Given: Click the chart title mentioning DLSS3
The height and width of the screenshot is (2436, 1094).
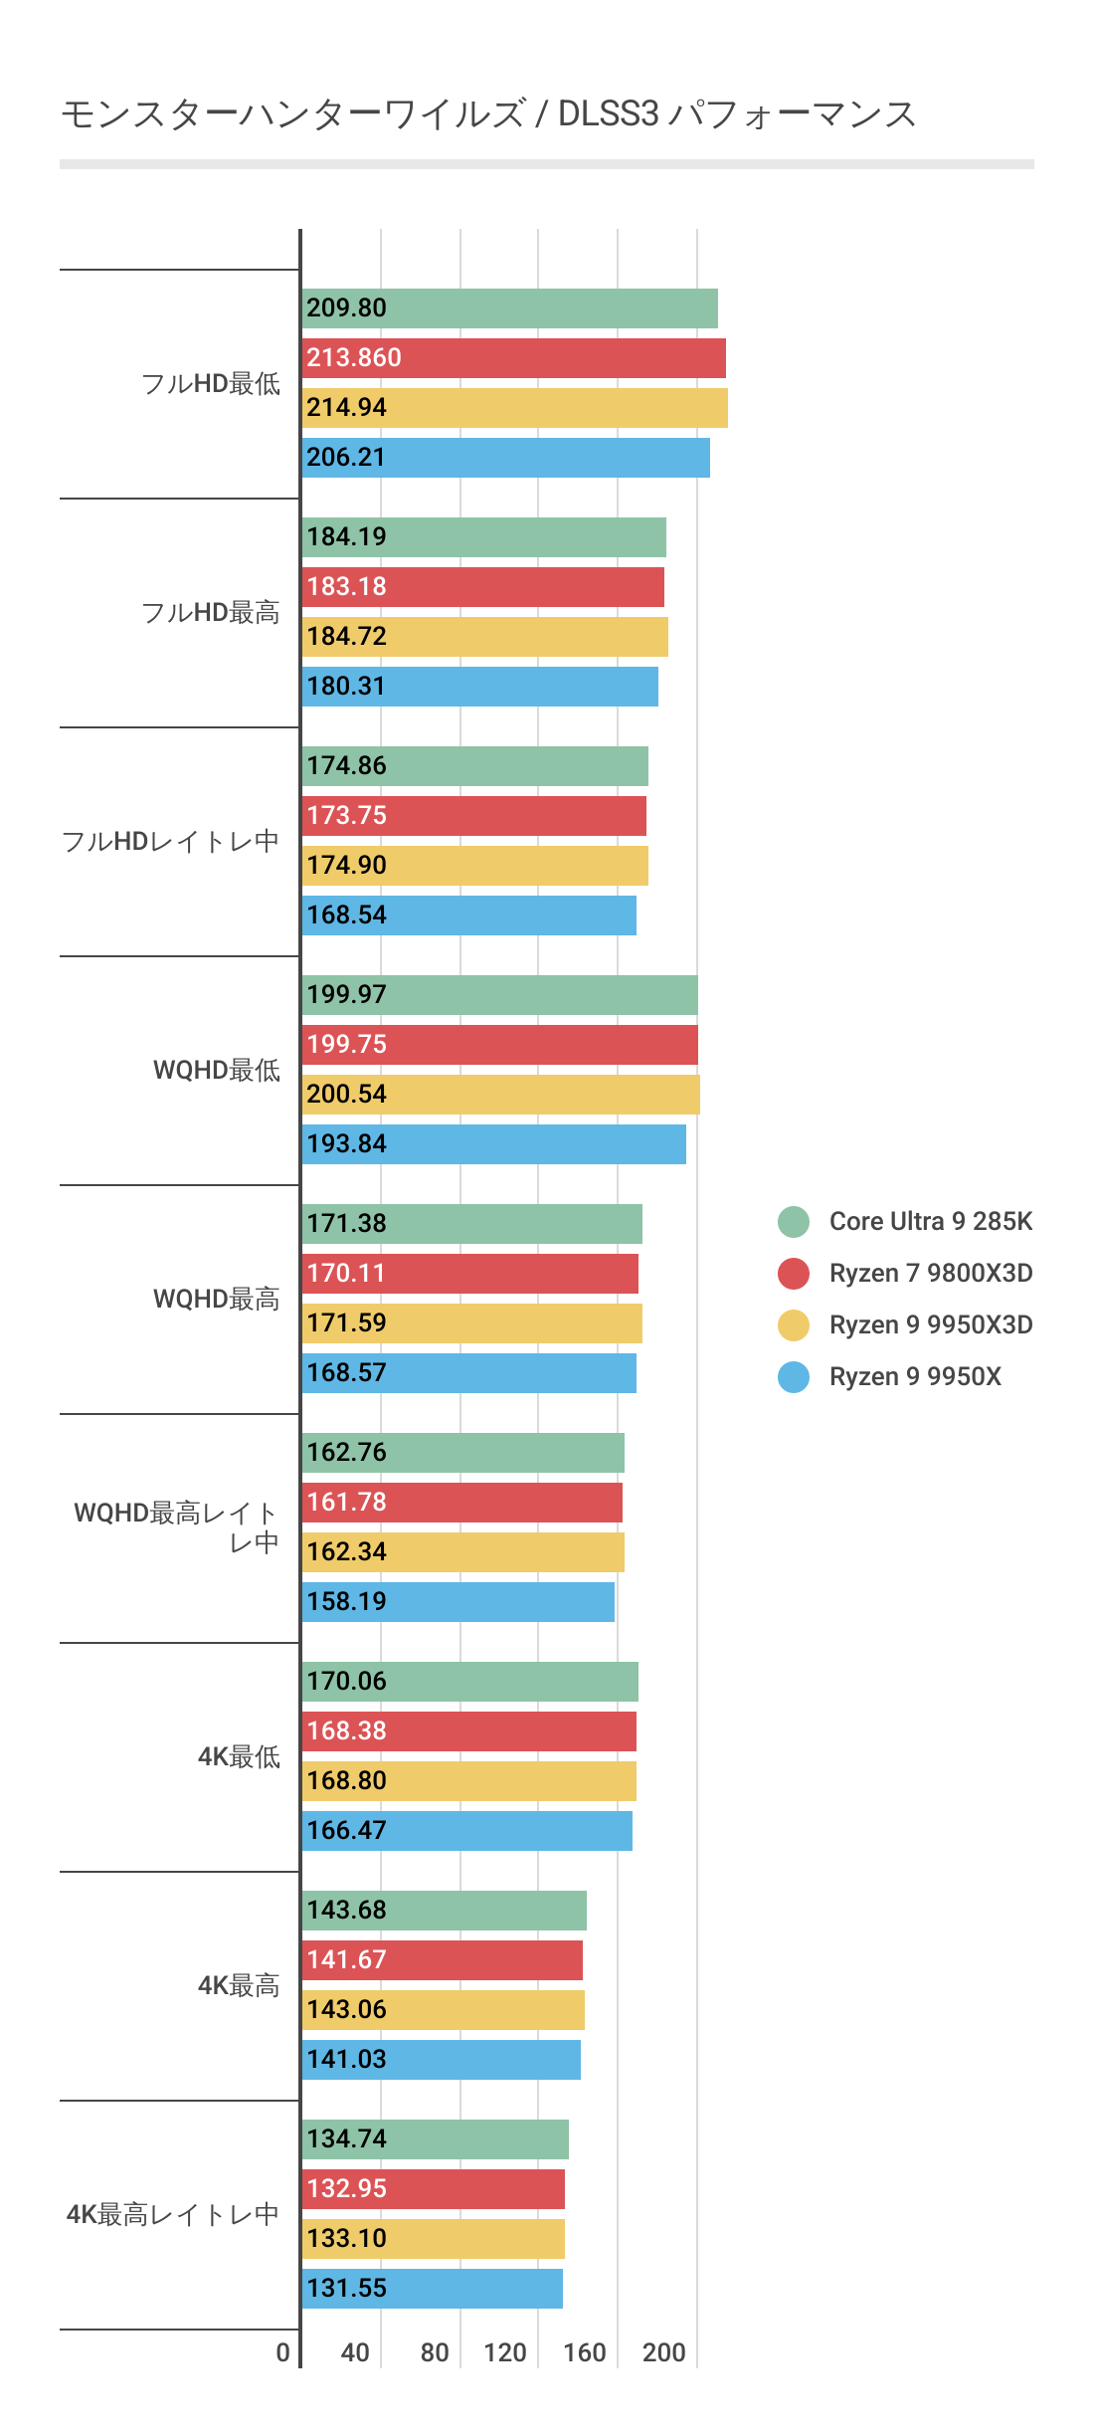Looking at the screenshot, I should pyautogui.click(x=487, y=114).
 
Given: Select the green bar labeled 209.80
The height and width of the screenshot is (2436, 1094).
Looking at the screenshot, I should pyautogui.click(x=509, y=308).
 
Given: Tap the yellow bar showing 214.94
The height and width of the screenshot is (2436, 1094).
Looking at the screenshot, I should pyautogui.click(x=514, y=408).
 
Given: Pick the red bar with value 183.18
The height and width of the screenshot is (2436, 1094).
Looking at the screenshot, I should pyautogui.click(x=482, y=587).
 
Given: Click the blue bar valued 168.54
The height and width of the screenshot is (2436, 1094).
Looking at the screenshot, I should pyautogui.click(x=468, y=915).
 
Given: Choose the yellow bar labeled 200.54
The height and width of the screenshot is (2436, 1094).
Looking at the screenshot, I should pyautogui.click(x=500, y=1095).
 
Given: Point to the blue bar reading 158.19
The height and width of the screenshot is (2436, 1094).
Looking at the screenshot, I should pyautogui.click(x=457, y=1602).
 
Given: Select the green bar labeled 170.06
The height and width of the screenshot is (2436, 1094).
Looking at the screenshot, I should pyautogui.click(x=469, y=1682).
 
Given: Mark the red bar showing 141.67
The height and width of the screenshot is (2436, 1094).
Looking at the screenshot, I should pyautogui.click(x=442, y=1960).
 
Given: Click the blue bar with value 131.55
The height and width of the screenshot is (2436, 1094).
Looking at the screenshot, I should pyautogui.click(x=432, y=2289).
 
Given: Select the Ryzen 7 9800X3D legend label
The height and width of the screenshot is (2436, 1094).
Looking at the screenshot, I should pyautogui.click(x=930, y=1273).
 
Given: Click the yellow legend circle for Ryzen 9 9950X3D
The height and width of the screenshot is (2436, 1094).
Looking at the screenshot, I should pyautogui.click(x=794, y=1324).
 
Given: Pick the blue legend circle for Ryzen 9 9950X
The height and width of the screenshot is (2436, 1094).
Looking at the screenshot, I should pyautogui.click(x=794, y=1376).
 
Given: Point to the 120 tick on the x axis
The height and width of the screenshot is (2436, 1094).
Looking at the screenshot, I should pyautogui.click(x=505, y=2352).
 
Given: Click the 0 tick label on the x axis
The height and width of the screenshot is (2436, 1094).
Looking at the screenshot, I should pyautogui.click(x=283, y=2352).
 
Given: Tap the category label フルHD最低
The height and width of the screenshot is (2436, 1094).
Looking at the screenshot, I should pyautogui.click(x=211, y=383).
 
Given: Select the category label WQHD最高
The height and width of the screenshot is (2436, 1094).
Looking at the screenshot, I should pyautogui.click(x=217, y=1299).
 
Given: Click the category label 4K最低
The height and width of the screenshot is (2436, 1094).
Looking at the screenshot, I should pyautogui.click(x=239, y=1756).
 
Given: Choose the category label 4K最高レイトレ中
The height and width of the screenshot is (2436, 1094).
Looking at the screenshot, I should pyautogui.click(x=172, y=2214).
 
